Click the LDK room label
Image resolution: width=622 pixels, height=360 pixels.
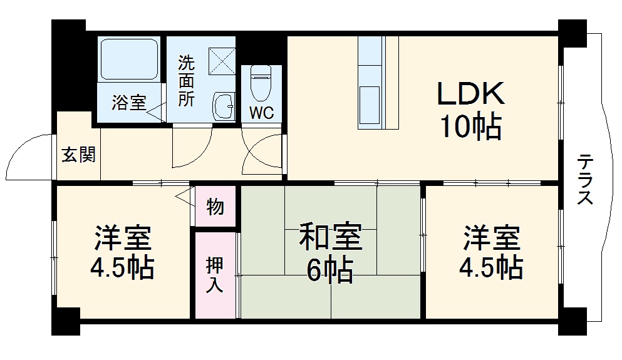click(471, 95)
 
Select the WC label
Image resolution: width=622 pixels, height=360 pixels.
click(261, 113)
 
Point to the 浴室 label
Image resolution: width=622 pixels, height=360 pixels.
click(128, 103)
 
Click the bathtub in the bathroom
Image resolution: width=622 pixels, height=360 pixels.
click(130, 60)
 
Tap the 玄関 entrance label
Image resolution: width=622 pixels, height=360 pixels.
click(78, 155)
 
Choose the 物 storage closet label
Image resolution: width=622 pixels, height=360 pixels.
click(215, 206)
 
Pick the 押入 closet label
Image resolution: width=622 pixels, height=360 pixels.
click(214, 275)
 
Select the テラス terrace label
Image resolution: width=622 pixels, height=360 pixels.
click(585, 180)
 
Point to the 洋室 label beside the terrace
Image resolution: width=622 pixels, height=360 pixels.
click(491, 238)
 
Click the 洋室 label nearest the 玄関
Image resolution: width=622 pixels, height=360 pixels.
click(123, 238)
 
